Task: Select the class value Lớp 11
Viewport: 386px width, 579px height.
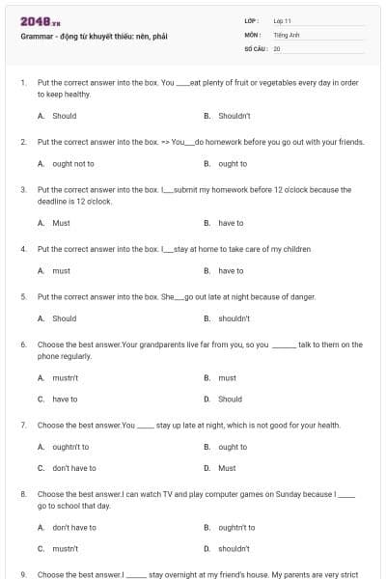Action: pyautogui.click(x=282, y=20)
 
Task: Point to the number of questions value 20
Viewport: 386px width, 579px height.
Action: pyautogui.click(x=277, y=47)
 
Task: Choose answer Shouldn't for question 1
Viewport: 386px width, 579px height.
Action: pyautogui.click(x=234, y=116)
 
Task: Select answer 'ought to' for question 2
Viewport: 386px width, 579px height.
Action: pyautogui.click(x=233, y=164)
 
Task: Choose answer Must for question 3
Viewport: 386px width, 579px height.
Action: pyautogui.click(x=61, y=223)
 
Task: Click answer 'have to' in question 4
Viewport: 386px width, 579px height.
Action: pyautogui.click(x=231, y=271)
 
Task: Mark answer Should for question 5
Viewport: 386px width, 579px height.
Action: pyautogui.click(x=64, y=318)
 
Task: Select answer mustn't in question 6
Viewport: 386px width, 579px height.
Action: pyautogui.click(x=66, y=378)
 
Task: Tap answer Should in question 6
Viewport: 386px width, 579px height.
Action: pyautogui.click(x=230, y=399)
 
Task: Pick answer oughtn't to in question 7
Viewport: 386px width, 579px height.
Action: pyautogui.click(x=70, y=447)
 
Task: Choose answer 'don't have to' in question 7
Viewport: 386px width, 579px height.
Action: pyautogui.click(x=74, y=468)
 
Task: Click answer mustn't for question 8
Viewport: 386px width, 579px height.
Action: pyautogui.click(x=66, y=548)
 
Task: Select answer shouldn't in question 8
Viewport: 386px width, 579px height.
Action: pyautogui.click(x=234, y=548)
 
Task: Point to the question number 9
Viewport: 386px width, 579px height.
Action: pyautogui.click(x=23, y=574)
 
